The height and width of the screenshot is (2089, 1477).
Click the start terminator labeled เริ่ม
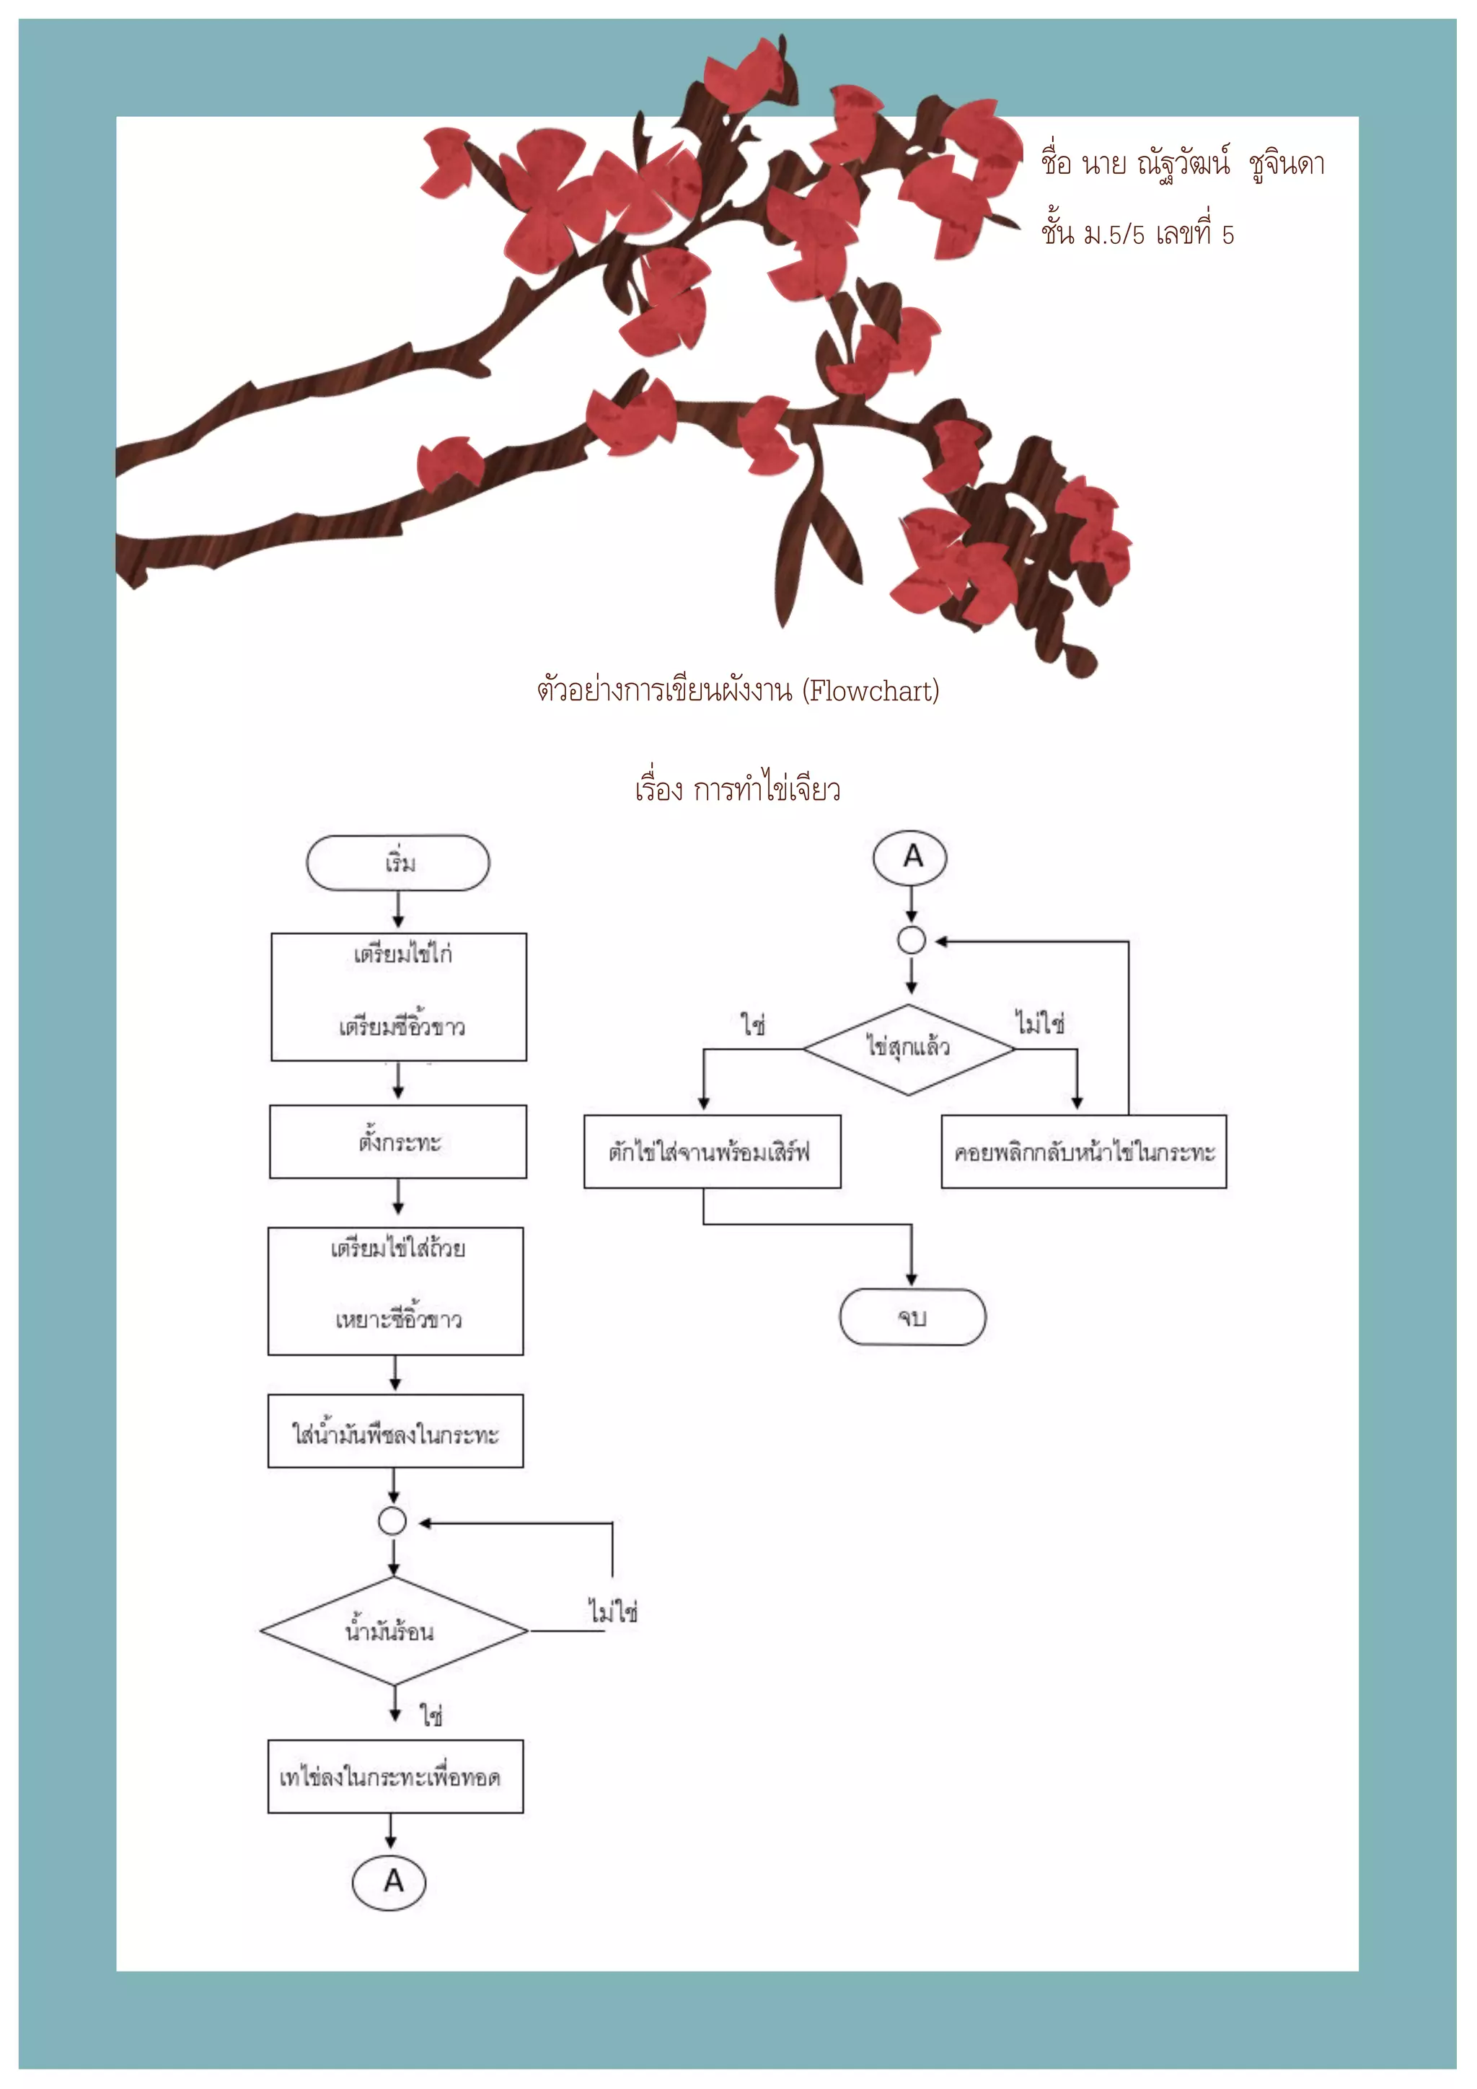(397, 863)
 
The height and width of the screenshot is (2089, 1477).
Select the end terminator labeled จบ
(912, 1316)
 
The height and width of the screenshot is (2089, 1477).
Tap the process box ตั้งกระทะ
(397, 1142)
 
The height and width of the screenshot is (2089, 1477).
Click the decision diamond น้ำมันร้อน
(393, 1630)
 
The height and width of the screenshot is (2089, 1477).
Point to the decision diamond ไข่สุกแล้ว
(908, 1049)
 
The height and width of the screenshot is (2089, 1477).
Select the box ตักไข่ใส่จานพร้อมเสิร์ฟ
(711, 1152)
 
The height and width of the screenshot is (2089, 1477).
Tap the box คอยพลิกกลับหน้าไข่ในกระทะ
(1083, 1152)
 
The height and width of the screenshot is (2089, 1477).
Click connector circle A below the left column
(389, 1881)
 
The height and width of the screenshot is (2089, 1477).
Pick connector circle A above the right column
(910, 857)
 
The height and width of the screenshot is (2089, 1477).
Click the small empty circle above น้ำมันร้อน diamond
(392, 1521)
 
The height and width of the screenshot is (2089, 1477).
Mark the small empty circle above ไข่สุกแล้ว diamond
(912, 940)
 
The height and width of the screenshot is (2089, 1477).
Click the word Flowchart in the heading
(871, 692)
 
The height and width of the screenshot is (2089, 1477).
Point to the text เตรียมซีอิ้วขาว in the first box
(401, 1026)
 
